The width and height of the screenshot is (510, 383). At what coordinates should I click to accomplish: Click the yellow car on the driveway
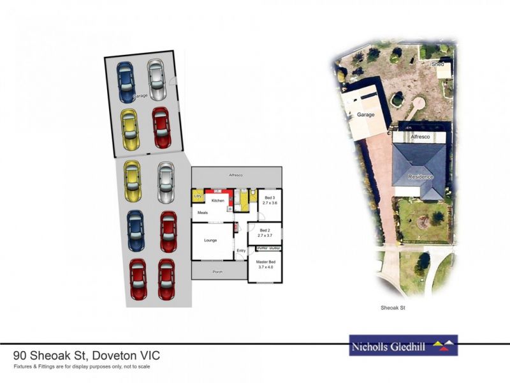point(133,181)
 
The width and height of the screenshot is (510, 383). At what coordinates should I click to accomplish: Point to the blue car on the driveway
point(136,230)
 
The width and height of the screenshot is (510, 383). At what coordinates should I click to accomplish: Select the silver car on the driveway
point(166,181)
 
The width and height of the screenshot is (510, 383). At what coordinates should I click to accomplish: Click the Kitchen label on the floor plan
point(219,200)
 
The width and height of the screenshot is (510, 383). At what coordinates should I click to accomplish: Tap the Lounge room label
point(211,240)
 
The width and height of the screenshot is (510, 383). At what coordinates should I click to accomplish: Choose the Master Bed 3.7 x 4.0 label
point(265,265)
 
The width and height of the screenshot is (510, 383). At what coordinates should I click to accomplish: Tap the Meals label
point(203,213)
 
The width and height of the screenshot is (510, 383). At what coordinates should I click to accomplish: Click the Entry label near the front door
point(241,251)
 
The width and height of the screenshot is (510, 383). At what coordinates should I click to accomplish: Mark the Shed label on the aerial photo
point(437,65)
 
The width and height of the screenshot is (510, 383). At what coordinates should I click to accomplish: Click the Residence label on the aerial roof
point(421,177)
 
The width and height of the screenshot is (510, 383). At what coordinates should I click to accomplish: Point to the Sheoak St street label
point(393,308)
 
